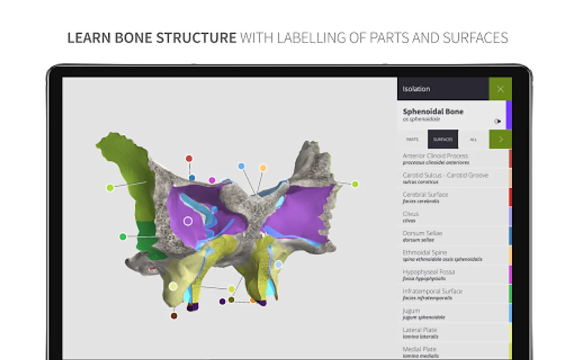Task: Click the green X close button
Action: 500,89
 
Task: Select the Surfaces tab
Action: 443,139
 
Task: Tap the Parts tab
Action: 412,139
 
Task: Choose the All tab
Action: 473,139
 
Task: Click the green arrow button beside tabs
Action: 500,139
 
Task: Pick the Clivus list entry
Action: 411,216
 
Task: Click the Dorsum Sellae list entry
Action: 422,236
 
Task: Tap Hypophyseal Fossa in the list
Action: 428,274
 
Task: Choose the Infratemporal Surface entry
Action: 432,294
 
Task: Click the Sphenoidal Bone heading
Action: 433,112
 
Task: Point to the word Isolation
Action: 416,89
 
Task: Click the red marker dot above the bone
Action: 189,159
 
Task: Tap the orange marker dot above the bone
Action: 263,168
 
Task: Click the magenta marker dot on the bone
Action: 212,180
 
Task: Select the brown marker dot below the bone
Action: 174,316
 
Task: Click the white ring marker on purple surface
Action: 188,221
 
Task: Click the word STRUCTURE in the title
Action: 196,38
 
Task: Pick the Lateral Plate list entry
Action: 420,332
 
